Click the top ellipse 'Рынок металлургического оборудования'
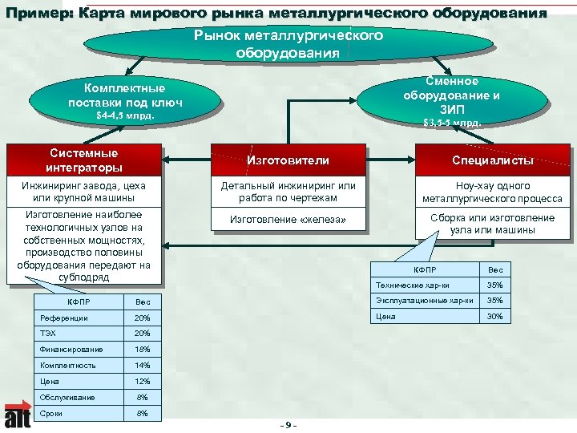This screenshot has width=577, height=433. pyautogui.click(x=288, y=45)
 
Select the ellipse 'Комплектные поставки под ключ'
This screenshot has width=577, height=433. pyautogui.click(x=125, y=96)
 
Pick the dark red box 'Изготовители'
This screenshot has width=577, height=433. pyautogui.click(x=288, y=160)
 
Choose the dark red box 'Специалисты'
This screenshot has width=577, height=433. pyautogui.click(x=492, y=160)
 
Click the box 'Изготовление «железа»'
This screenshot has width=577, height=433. pyautogui.click(x=288, y=219)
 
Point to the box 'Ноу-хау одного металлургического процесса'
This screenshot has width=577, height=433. pyautogui.click(x=492, y=192)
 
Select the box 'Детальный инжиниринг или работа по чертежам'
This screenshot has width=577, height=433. pyautogui.click(x=288, y=192)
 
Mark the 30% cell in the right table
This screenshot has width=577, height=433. pyautogui.click(x=494, y=316)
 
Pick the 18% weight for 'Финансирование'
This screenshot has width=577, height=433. pyautogui.click(x=143, y=350)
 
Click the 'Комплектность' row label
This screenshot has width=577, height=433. pyautogui.click(x=68, y=365)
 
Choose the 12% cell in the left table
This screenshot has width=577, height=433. pyautogui.click(x=143, y=381)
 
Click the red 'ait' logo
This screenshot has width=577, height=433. pyautogui.click(x=18, y=415)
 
